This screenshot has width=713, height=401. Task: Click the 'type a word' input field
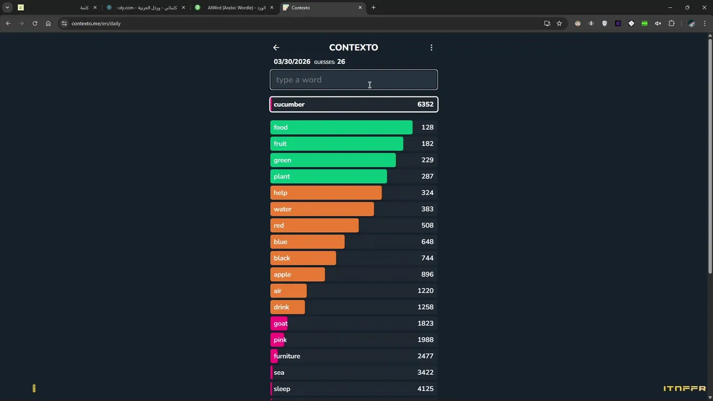[x=354, y=80]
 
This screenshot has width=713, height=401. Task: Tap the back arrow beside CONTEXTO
[x=276, y=48]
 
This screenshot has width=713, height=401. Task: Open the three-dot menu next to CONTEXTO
[x=431, y=48]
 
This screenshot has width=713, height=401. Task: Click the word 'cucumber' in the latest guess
[x=289, y=104]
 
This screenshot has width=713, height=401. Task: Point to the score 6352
[x=425, y=104]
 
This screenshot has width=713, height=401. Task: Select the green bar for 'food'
[x=341, y=128]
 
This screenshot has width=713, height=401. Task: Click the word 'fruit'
[x=280, y=144]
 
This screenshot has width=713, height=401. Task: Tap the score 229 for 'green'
[x=427, y=160]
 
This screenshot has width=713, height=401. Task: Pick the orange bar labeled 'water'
[x=322, y=209]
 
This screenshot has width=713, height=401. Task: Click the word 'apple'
[x=282, y=275]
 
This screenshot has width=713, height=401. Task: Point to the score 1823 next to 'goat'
[x=425, y=324]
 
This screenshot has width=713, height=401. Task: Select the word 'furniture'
[x=287, y=356]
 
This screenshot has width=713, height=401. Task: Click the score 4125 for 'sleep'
[x=425, y=389]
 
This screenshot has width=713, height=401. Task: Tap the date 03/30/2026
[x=292, y=62]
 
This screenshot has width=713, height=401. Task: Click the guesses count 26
[x=341, y=62]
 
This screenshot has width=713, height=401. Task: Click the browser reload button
[x=35, y=23]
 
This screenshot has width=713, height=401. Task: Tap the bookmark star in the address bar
[x=559, y=23]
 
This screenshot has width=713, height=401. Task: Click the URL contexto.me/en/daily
[x=96, y=23]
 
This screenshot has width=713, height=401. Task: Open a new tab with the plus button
[x=373, y=8]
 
